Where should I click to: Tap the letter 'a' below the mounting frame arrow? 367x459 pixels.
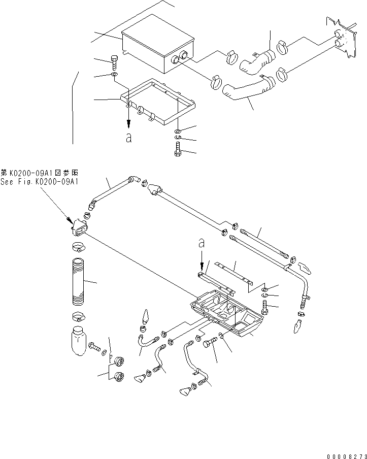(129, 138)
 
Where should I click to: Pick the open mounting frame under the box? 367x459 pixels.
(157, 102)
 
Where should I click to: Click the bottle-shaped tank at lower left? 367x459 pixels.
(78, 340)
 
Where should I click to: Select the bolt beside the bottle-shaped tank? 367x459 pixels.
(95, 347)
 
